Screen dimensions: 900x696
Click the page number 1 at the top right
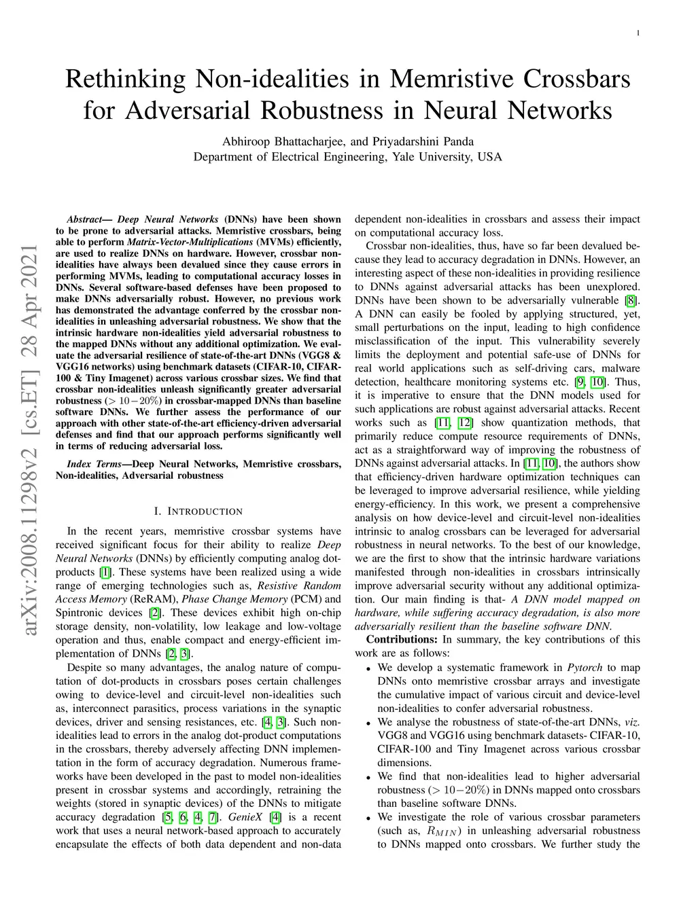click(638, 33)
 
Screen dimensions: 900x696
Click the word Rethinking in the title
click(125, 79)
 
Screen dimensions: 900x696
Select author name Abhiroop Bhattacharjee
click(285, 141)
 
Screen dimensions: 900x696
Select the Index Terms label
click(94, 464)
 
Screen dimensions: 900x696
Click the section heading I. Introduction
click(198, 511)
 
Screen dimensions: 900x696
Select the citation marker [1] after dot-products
click(105, 572)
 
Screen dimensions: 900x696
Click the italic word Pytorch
click(584, 667)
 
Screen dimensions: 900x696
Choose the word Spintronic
click(79, 613)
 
